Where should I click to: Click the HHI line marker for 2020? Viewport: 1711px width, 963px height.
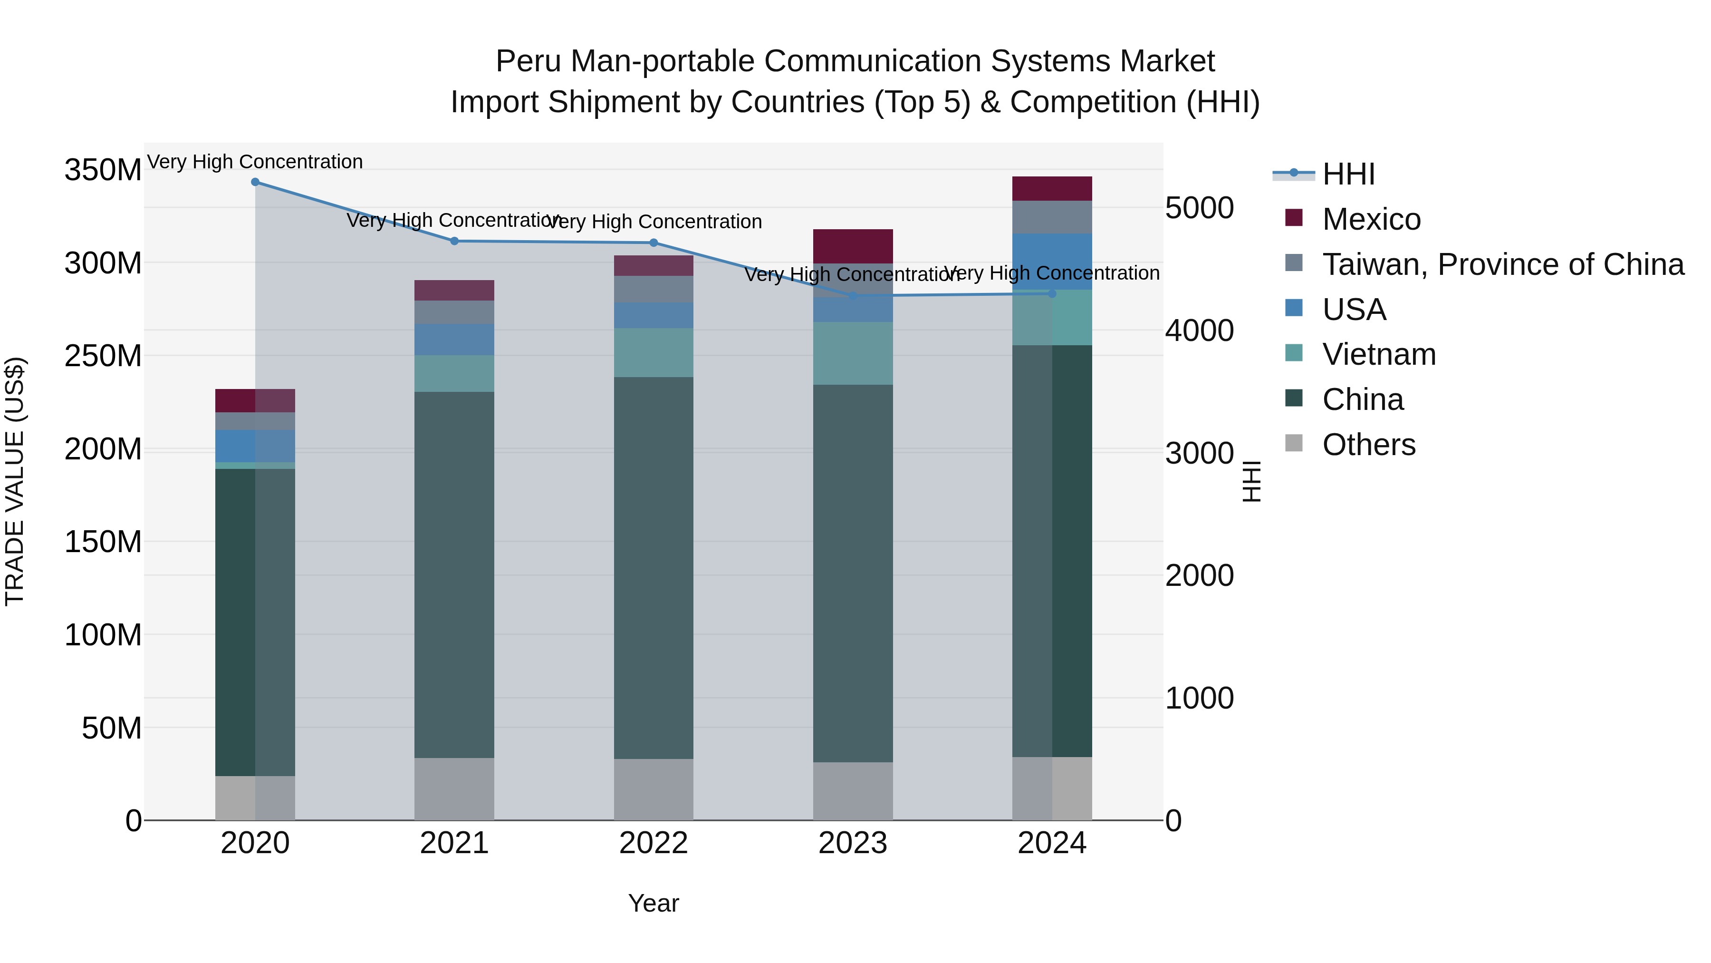255,182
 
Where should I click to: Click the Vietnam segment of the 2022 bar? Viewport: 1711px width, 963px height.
653,352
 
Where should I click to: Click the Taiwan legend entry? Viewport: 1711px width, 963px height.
1502,264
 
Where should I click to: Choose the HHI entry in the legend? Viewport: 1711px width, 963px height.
1348,174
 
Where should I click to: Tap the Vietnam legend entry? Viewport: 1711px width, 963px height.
1378,354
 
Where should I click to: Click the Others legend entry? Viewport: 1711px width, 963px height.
1368,445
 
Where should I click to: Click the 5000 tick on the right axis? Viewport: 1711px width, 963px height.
1199,208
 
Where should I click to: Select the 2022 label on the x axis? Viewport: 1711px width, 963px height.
653,843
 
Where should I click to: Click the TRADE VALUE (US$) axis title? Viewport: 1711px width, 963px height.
15,481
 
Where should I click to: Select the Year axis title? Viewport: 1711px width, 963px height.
653,903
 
